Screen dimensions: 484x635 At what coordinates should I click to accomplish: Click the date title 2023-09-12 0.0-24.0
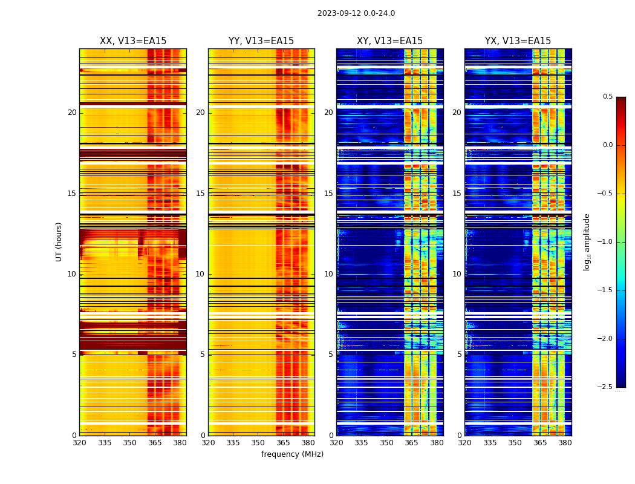click(x=356, y=13)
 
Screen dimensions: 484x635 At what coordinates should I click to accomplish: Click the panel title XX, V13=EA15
click(x=133, y=41)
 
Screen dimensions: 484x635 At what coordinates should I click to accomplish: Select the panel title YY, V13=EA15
click(x=261, y=41)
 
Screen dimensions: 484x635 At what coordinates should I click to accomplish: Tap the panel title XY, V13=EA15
click(x=389, y=41)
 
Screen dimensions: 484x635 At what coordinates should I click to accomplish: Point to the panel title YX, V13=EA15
click(x=518, y=41)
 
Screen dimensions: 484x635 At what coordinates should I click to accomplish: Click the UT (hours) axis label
click(x=59, y=241)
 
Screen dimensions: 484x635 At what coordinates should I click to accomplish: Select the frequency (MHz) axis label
click(x=292, y=454)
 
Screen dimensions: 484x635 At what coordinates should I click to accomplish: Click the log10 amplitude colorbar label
click(x=587, y=241)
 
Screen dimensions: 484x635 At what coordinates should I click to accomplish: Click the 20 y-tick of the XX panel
click(x=72, y=113)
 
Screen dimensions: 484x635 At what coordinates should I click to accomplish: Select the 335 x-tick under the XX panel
click(x=105, y=442)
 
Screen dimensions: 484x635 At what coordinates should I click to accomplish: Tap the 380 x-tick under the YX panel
click(x=565, y=442)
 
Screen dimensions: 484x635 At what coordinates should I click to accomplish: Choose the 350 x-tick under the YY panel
click(x=258, y=442)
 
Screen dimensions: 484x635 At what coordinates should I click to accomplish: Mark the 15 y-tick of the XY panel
click(x=328, y=194)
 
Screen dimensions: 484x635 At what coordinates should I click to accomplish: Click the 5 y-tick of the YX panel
click(x=459, y=355)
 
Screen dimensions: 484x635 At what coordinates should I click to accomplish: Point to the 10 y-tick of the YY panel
click(x=200, y=274)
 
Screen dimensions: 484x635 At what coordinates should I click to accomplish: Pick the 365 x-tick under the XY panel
click(x=411, y=442)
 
